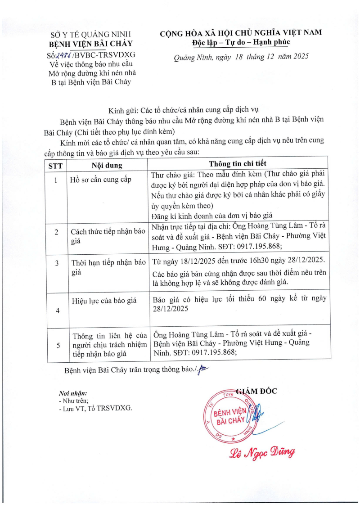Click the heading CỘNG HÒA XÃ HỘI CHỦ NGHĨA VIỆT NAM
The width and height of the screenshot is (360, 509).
[241, 33]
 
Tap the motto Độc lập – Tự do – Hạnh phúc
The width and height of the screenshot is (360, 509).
[241, 42]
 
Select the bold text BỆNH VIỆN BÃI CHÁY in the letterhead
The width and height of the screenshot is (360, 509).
[91, 44]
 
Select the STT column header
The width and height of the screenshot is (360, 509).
[55, 165]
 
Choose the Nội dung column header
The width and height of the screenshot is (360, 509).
[107, 165]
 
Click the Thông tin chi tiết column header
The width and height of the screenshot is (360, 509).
[238, 164]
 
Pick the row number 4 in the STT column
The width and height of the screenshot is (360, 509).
[57, 311]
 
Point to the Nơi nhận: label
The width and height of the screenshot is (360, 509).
[70, 393]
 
